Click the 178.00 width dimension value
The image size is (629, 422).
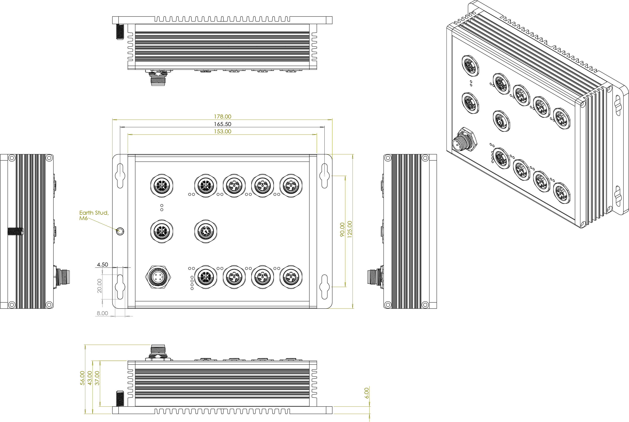222,117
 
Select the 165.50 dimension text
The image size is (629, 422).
222,124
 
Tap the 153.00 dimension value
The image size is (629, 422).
222,131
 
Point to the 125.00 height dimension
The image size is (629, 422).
350,229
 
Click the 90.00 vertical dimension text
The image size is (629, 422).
342,229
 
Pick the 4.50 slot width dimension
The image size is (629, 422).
102,265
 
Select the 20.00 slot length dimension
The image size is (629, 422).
100,286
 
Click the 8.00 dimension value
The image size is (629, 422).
102,313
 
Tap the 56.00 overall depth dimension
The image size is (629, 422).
82,378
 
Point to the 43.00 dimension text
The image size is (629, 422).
90,378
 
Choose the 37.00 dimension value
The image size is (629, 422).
97,378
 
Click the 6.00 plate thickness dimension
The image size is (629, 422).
366,393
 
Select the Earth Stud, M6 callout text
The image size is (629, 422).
94,215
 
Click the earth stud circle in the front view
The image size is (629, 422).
120,231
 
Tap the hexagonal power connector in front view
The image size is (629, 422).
158,277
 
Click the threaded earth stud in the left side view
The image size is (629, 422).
15,231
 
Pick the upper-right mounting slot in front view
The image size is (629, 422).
324,176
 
